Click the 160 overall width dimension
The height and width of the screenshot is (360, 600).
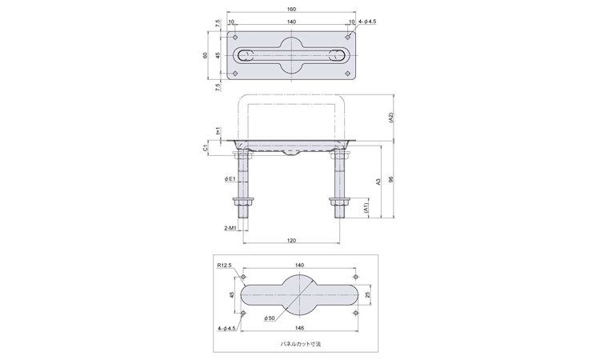click(x=291, y=9)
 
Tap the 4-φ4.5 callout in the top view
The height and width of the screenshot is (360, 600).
click(x=367, y=22)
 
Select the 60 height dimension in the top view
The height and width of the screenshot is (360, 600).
click(x=205, y=55)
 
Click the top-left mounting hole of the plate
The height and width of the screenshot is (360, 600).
click(x=235, y=38)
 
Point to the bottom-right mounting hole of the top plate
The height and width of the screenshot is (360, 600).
click(x=347, y=74)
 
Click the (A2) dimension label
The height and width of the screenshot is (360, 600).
click(x=390, y=118)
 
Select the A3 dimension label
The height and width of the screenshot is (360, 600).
click(x=378, y=182)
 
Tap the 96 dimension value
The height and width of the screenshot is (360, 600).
click(x=390, y=179)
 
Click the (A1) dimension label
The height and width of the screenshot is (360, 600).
click(x=366, y=208)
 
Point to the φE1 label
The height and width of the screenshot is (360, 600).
click(x=230, y=178)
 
